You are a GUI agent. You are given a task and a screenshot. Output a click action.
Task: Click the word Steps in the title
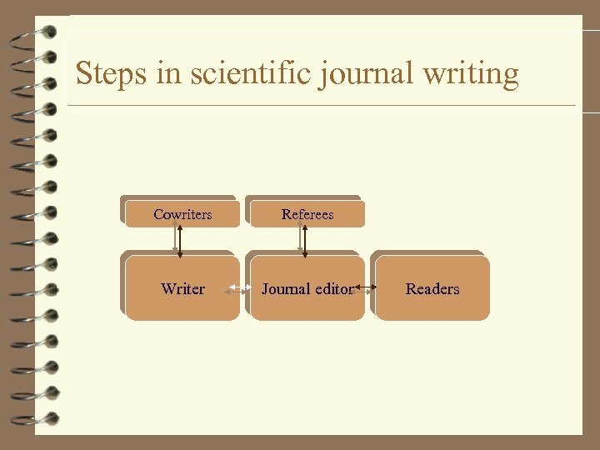coord(105,74)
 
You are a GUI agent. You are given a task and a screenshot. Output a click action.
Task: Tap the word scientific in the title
coord(248,74)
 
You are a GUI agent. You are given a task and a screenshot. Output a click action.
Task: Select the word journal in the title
coord(362,74)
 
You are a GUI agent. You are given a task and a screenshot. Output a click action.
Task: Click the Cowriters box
coord(182,214)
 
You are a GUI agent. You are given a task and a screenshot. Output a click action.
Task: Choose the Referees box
coord(307,214)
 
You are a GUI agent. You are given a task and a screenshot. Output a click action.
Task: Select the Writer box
coord(182,288)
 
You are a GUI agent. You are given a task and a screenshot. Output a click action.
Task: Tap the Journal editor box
coord(307,304)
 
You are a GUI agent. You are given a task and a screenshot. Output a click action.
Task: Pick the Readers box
coord(432,288)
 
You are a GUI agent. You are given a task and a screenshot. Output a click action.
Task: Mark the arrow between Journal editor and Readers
coord(366,289)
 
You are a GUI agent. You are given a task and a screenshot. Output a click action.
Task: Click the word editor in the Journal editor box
coord(332,289)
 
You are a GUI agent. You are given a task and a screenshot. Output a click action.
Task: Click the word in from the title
coord(166,74)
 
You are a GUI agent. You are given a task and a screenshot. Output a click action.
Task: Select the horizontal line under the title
coord(321,106)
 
